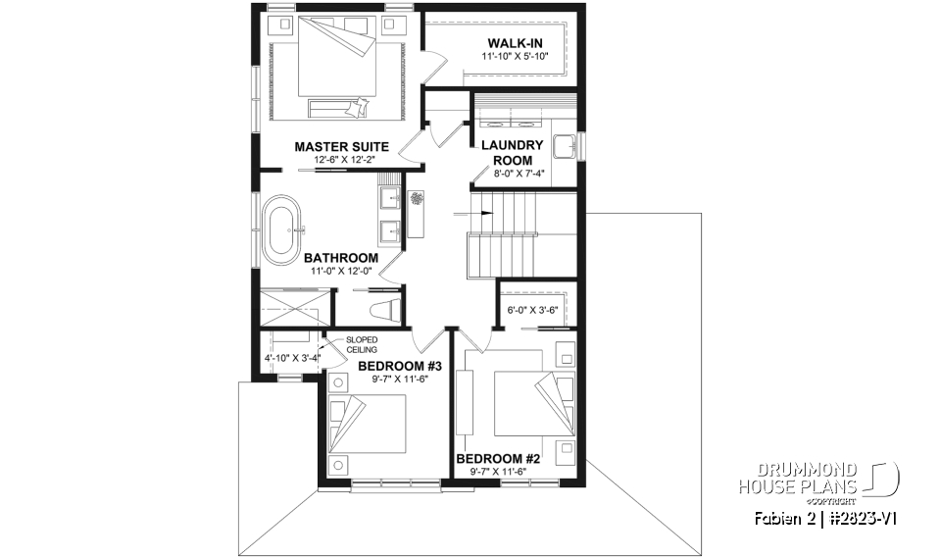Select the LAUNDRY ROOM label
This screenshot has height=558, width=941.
(512, 153)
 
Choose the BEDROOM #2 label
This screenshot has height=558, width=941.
(499, 458)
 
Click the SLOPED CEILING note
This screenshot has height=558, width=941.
(361, 344)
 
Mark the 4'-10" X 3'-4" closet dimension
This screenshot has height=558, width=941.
(292, 359)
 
